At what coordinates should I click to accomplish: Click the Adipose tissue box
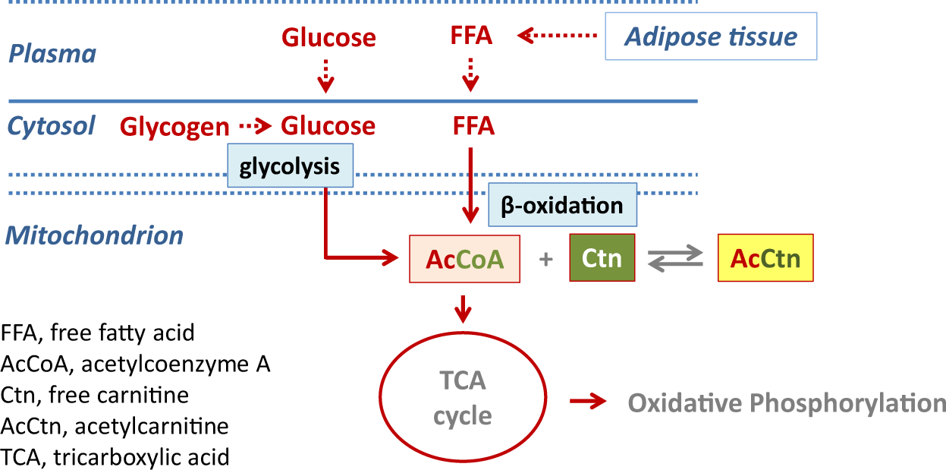click(x=710, y=36)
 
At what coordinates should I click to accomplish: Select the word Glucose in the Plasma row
click(x=328, y=37)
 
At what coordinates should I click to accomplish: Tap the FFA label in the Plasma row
click(x=472, y=36)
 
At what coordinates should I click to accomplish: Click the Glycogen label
click(x=174, y=127)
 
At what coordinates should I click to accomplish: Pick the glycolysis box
click(x=290, y=166)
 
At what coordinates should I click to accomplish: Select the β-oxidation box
click(x=561, y=205)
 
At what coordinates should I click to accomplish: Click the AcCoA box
click(x=464, y=259)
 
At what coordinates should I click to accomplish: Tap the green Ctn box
click(x=602, y=259)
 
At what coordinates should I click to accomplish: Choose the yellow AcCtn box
click(x=765, y=259)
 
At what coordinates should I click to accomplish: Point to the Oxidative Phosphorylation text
click(x=786, y=402)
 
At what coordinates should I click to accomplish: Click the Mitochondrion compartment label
click(x=95, y=235)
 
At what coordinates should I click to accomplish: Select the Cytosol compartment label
click(x=52, y=126)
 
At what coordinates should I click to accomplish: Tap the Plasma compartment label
click(x=52, y=55)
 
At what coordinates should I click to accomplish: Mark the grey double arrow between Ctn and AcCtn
click(x=676, y=260)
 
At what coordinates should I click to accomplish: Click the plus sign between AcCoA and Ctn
click(x=545, y=260)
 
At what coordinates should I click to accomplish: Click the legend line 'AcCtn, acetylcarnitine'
click(x=115, y=425)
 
